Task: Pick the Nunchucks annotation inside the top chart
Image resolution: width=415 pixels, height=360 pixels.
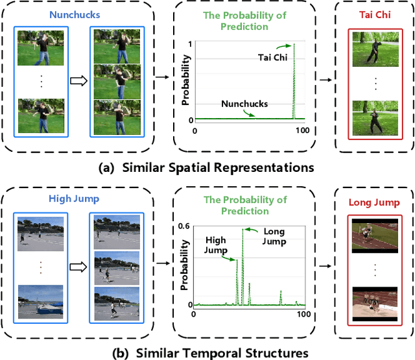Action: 243,103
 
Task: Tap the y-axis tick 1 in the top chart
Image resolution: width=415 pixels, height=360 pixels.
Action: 191,44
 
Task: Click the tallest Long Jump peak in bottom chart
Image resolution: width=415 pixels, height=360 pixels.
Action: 243,229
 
